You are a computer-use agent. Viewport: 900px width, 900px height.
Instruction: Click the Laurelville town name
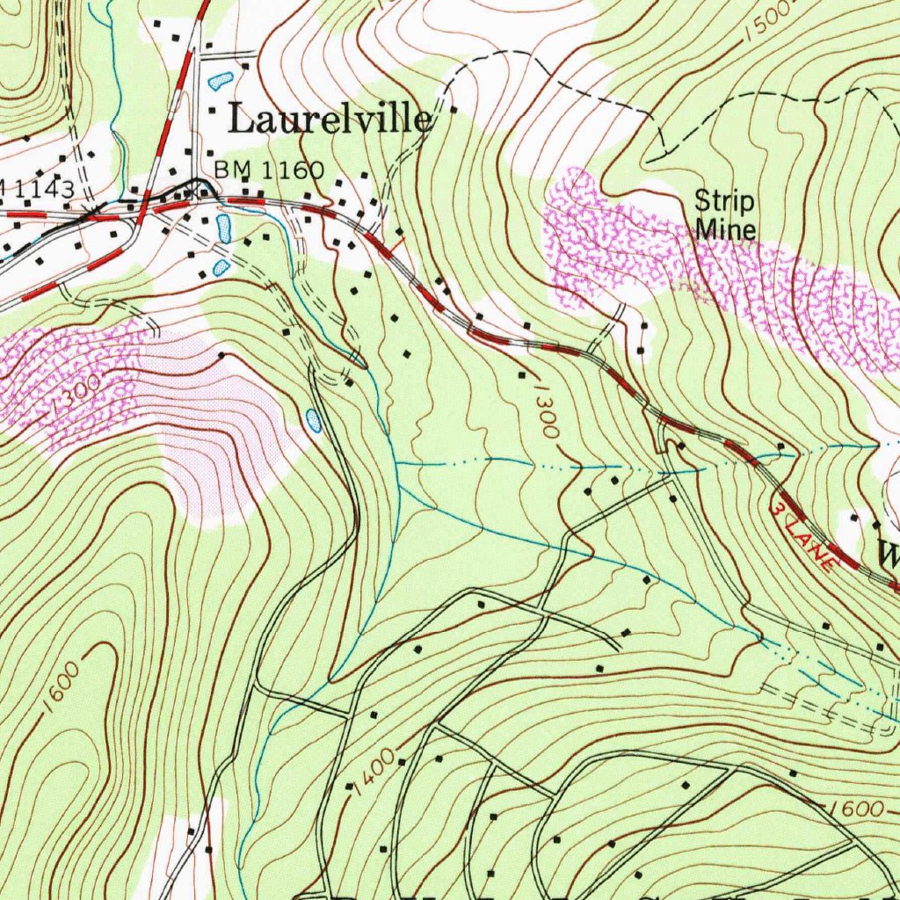[x=330, y=120]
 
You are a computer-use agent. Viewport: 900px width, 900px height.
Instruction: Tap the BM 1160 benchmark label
[x=269, y=169]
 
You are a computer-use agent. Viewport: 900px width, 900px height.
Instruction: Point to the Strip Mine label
[x=725, y=215]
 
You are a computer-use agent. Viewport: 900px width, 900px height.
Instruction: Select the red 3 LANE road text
[x=802, y=537]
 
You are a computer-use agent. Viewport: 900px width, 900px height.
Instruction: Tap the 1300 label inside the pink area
[x=76, y=401]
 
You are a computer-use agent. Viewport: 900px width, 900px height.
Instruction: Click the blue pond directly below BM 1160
[x=223, y=229]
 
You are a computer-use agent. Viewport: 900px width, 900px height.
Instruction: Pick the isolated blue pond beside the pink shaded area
[x=314, y=421]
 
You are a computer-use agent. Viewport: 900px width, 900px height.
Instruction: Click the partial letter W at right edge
[x=888, y=554]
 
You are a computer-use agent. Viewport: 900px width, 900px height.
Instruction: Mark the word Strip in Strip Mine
[x=724, y=202]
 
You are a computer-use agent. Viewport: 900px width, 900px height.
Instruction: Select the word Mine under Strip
[x=725, y=229]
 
